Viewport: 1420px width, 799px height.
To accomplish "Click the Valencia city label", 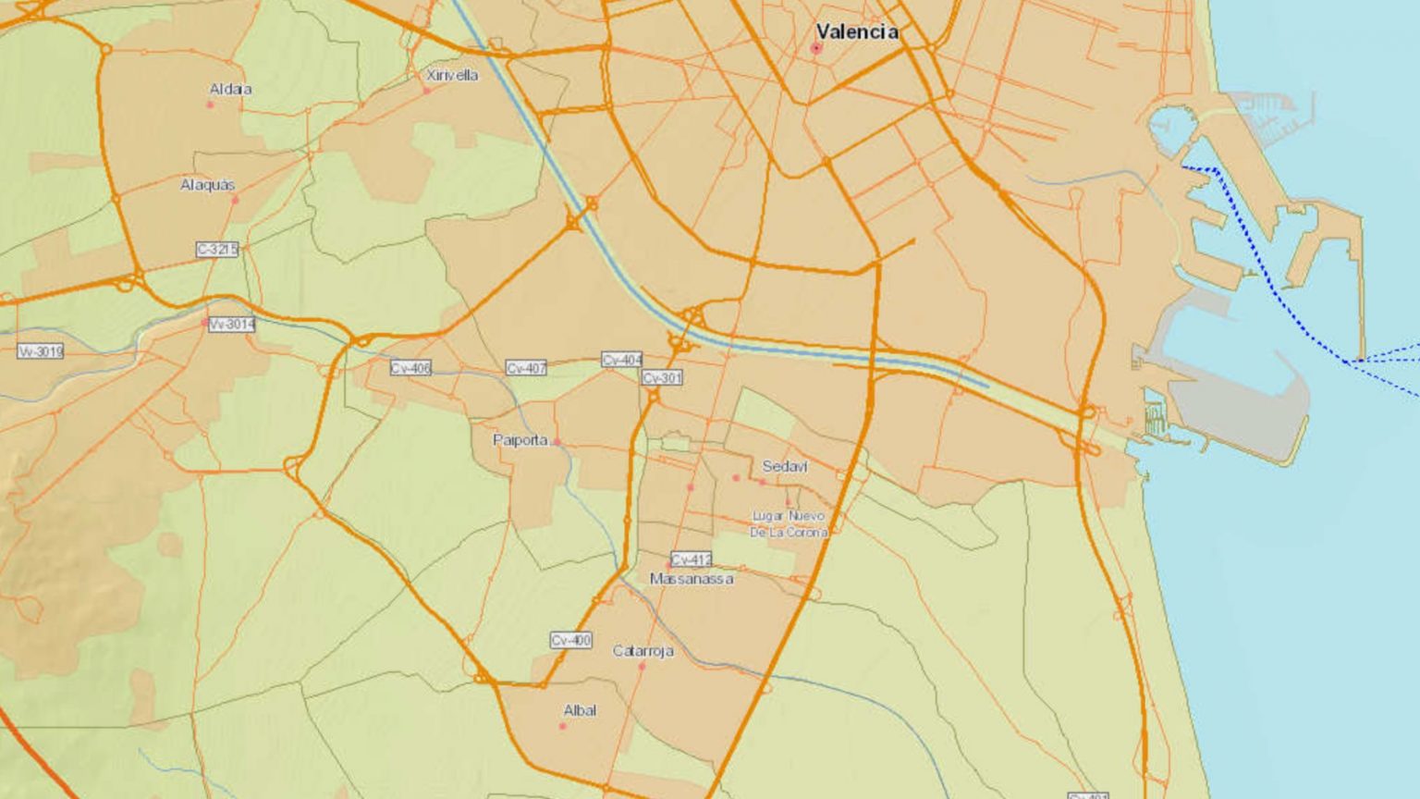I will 857,31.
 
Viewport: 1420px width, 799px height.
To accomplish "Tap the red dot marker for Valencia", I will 816,48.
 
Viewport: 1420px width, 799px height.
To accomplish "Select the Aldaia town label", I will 230,90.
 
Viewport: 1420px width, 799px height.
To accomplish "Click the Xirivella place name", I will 452,75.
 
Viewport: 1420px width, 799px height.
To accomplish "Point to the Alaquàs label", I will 207,185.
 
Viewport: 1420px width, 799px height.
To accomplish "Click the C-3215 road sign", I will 217,250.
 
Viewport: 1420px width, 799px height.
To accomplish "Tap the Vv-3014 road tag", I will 231,325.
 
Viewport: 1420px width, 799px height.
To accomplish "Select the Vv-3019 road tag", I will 41,351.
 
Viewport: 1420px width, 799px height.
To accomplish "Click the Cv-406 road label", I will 410,368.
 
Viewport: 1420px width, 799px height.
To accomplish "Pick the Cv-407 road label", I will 526,368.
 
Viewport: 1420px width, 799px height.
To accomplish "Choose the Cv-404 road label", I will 621,360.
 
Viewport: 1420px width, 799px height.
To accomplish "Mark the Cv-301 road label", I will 662,378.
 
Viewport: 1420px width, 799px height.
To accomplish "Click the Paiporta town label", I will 520,440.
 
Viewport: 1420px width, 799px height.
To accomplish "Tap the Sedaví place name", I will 785,466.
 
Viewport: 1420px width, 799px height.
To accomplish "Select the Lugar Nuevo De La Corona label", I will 789,523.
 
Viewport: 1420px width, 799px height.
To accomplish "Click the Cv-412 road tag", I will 692,559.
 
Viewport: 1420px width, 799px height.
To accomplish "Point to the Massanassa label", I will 692,579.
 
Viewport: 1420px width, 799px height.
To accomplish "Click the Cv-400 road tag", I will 570,640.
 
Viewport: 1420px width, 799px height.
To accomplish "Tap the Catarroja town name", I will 643,651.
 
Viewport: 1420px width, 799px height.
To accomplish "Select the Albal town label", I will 580,710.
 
